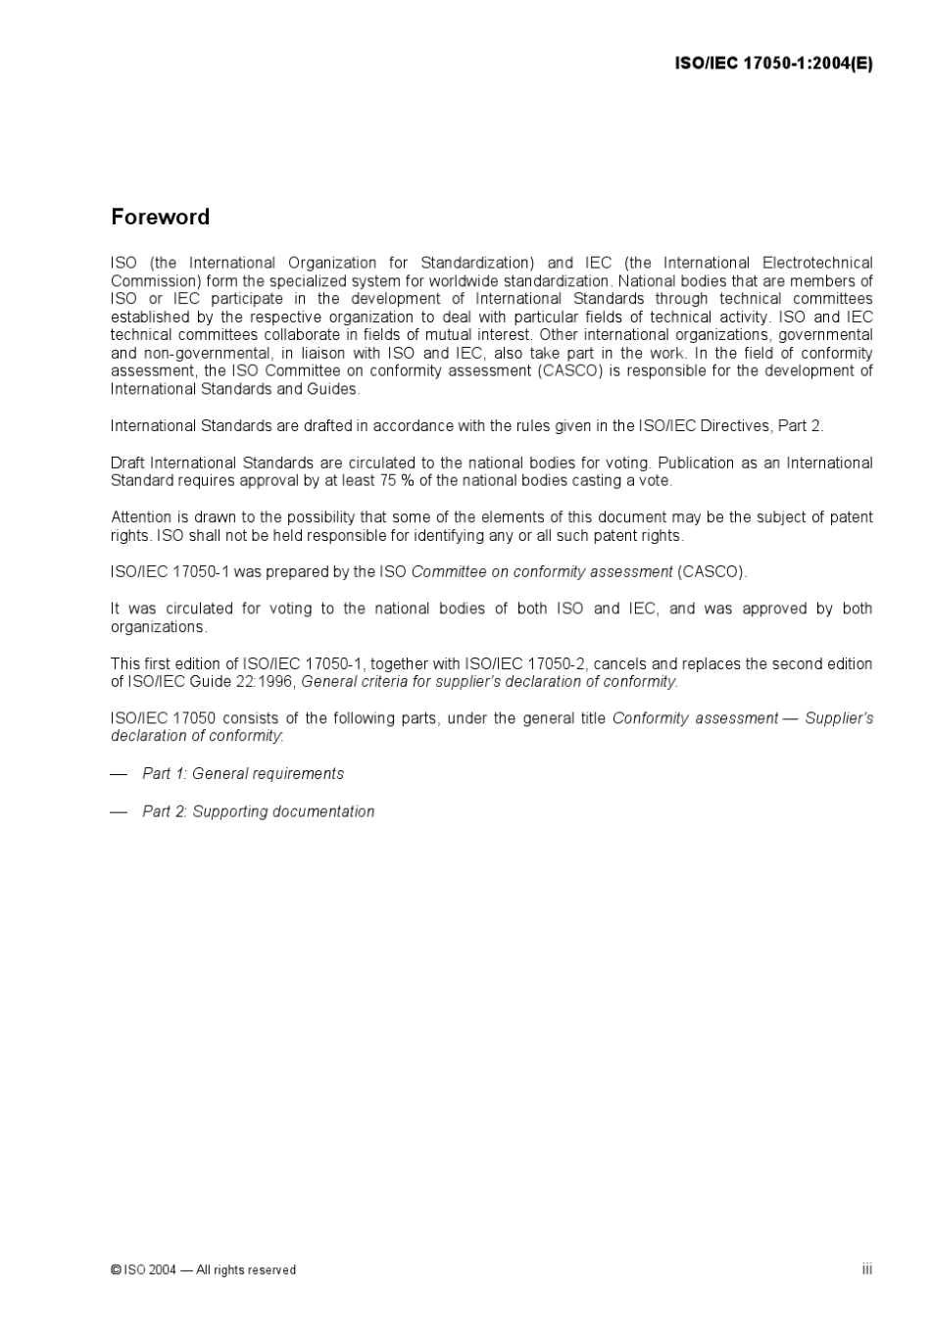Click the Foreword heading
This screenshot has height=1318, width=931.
[160, 217]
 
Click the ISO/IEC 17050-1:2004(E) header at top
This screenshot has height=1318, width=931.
[773, 64]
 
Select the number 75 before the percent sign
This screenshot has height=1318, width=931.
[388, 480]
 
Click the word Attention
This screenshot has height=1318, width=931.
[141, 517]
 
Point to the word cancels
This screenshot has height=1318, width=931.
[620, 663]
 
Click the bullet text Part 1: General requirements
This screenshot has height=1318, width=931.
[243, 773]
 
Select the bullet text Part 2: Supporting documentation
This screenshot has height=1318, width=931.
[258, 811]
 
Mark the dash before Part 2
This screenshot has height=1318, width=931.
[119, 811]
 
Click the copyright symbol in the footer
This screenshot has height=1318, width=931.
[116, 1270]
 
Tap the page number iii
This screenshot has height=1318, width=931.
[867, 1269]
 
